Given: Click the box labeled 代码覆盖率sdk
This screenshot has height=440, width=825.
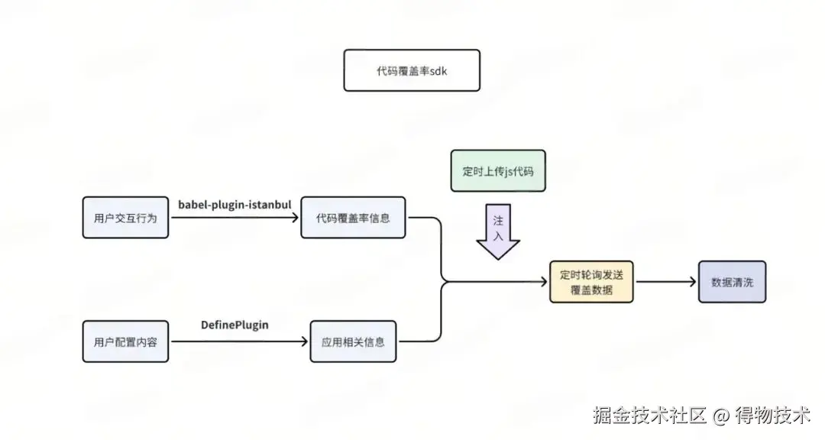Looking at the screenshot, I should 412,70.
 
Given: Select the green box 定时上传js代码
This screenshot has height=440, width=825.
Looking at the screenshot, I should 497,170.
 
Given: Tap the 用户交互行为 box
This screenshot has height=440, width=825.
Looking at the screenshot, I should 125,218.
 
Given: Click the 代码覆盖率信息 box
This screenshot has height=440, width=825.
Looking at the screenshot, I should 353,218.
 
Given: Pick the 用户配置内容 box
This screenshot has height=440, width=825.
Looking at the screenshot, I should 125,341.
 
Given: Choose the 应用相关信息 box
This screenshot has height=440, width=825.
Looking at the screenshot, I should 353,341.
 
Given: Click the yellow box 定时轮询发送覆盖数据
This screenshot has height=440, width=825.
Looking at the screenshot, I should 591,282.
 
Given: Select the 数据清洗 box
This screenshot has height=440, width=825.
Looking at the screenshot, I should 732,282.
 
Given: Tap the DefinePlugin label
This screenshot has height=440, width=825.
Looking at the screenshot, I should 235,325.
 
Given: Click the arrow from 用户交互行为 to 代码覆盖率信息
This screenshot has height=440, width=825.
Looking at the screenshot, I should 235,218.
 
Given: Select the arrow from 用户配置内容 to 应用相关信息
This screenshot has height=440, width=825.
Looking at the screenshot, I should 238,341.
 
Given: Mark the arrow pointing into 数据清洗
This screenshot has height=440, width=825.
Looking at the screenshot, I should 666,282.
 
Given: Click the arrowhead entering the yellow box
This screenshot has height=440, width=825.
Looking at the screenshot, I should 543,282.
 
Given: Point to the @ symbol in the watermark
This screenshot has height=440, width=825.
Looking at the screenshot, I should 721,417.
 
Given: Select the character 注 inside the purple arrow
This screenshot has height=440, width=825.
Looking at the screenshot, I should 498,220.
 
